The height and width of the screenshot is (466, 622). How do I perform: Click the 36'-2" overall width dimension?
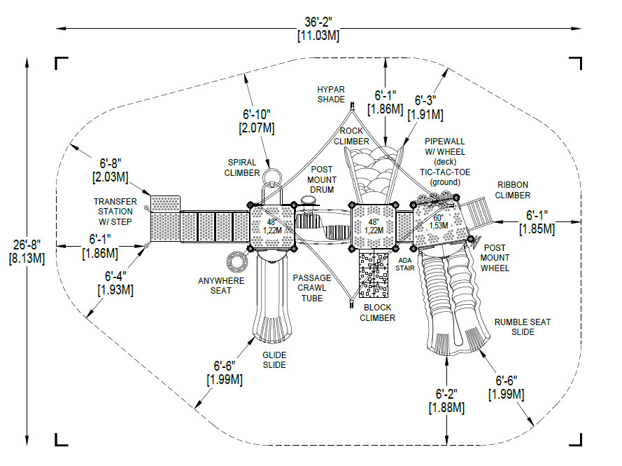[318, 29]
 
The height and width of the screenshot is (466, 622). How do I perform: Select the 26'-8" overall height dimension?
[27, 252]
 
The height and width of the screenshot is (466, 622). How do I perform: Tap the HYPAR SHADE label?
[331, 95]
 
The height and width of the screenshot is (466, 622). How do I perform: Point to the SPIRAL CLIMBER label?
[241, 167]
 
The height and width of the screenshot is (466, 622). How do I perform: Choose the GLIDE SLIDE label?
[274, 360]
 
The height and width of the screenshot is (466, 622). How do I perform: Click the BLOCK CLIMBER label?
[377, 313]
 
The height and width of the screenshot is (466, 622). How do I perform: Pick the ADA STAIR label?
[404, 264]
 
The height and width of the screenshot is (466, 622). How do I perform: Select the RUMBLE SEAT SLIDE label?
[523, 327]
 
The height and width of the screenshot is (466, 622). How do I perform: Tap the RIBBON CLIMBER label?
[513, 190]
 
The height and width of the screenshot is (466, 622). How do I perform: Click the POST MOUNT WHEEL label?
[495, 258]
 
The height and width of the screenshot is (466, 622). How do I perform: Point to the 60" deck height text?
[438, 218]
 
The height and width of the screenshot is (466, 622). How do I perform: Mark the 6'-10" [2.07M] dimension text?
[257, 121]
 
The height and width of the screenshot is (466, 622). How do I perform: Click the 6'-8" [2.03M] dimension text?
[111, 170]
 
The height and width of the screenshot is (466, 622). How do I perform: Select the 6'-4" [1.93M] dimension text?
[115, 283]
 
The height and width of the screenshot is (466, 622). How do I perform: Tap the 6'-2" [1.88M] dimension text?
[446, 401]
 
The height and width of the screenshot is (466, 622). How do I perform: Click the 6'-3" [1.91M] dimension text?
[425, 108]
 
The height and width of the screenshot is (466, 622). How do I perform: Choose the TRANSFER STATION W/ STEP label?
[115, 212]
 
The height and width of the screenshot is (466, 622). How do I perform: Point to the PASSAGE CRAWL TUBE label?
[312, 288]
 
